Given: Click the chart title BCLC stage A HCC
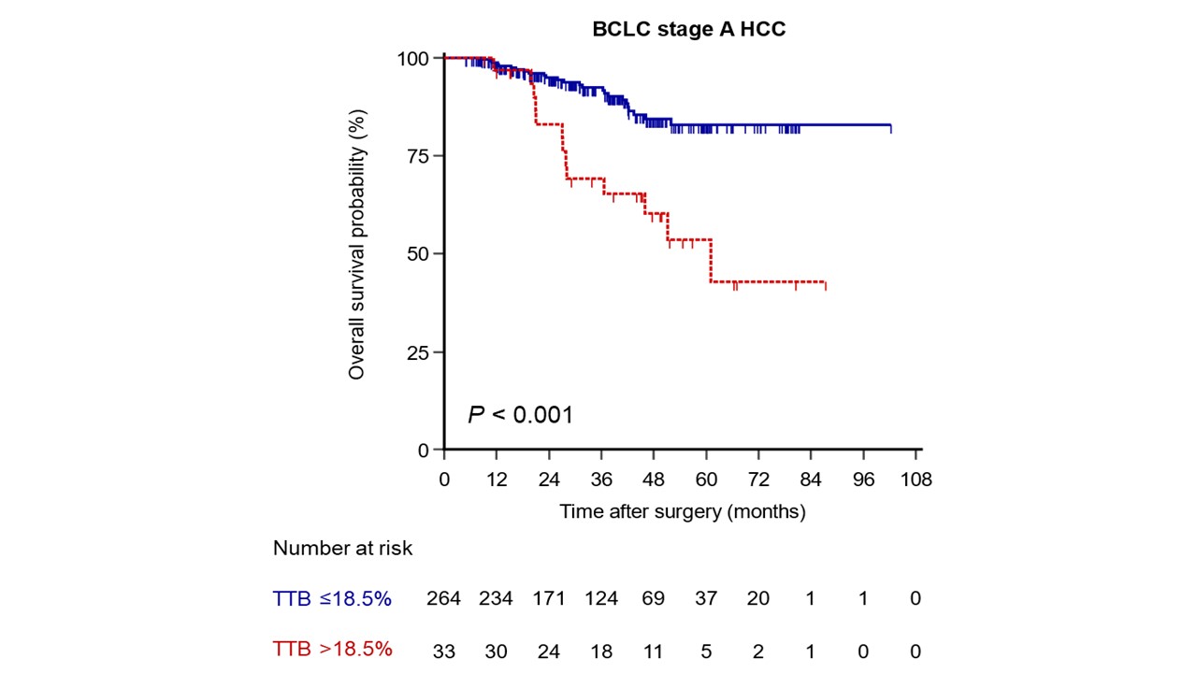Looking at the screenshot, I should pos(689,29).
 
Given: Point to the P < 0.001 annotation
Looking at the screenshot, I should pos(520,414).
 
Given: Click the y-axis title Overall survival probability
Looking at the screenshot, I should pos(356,245).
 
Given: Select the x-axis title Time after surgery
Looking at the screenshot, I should pos(682,511).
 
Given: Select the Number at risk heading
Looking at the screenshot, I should pos(342,549).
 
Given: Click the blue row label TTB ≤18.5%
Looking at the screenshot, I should pos(332,599).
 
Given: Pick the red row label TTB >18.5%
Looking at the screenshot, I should pos(332,650).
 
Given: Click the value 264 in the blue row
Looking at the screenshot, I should pos(443,599).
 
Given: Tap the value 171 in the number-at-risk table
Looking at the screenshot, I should pos(549,599).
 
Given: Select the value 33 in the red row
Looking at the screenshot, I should pos(443,650).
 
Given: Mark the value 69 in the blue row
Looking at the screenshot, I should pos(654,599).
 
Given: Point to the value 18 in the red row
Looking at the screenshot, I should pos(601,650).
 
